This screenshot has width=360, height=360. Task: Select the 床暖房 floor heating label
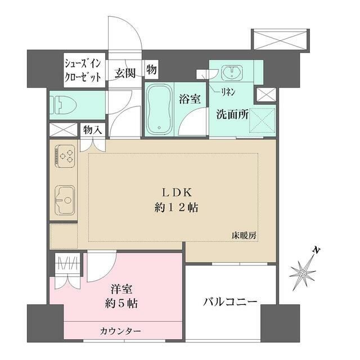[244, 235]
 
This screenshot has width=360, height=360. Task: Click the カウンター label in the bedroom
[121, 331]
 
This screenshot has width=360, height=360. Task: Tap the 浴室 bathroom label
[190, 100]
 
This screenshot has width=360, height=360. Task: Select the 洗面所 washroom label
[233, 112]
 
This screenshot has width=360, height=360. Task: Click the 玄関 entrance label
[125, 73]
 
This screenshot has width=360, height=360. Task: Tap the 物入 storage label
[92, 130]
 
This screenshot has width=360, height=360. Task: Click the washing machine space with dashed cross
[258, 120]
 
